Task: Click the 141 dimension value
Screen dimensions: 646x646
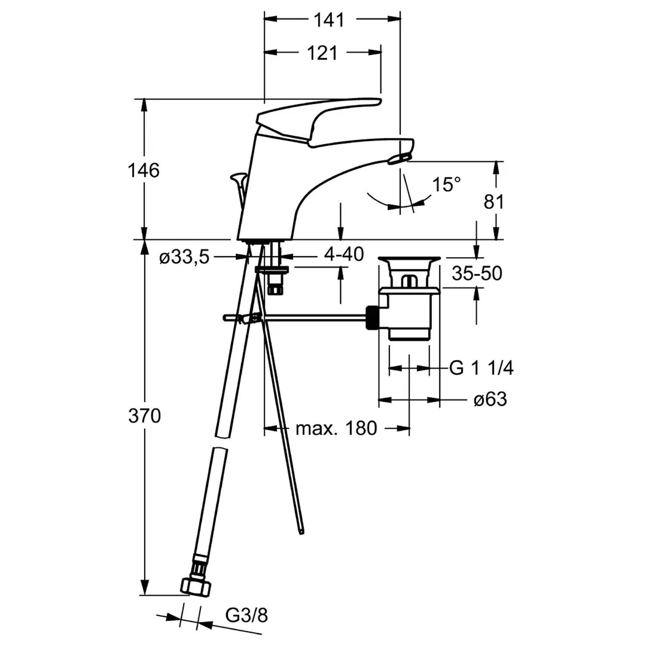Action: pyautogui.click(x=329, y=20)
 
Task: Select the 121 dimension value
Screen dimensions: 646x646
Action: pyautogui.click(x=322, y=53)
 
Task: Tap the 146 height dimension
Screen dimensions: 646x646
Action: pyautogui.click(x=143, y=171)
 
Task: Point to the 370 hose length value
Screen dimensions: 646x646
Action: pyautogui.click(x=144, y=416)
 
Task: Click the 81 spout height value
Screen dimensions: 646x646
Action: pyautogui.click(x=494, y=202)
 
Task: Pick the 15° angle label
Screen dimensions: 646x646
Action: pyautogui.click(x=446, y=185)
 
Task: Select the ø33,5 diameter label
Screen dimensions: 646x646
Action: pyautogui.click(x=184, y=258)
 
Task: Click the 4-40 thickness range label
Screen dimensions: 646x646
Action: pyautogui.click(x=344, y=254)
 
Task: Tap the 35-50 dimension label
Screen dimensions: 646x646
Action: pyautogui.click(x=477, y=273)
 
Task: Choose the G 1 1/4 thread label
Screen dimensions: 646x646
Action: pyautogui.click(x=481, y=368)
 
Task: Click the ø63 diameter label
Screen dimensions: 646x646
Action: pyautogui.click(x=490, y=399)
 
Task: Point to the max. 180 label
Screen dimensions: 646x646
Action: pyautogui.click(x=336, y=428)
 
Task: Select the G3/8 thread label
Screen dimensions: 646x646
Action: pyautogui.click(x=246, y=615)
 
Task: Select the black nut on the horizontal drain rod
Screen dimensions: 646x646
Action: pyautogui.click(x=372, y=317)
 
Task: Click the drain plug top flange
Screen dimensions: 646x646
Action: pyautogui.click(x=409, y=260)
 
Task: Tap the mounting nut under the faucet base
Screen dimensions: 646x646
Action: pyautogui.click(x=272, y=270)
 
